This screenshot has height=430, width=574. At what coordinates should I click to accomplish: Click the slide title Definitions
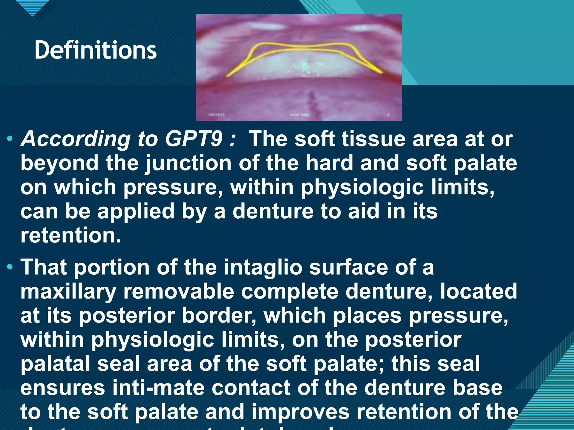click(95, 50)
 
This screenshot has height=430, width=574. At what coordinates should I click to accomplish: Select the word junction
click(188, 163)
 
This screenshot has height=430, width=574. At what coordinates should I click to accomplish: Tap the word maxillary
click(68, 292)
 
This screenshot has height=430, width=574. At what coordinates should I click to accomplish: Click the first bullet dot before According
click(10, 138)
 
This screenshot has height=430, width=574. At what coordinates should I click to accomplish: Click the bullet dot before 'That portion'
click(10, 267)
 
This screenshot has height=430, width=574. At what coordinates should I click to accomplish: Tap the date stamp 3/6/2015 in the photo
click(216, 114)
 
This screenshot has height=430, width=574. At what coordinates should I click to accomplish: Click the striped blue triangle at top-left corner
click(32, 7)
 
